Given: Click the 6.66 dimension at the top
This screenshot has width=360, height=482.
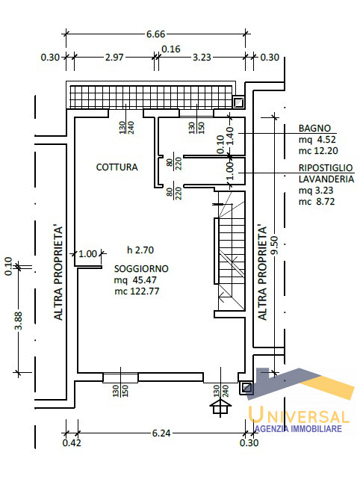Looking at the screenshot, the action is pyautogui.click(x=156, y=34).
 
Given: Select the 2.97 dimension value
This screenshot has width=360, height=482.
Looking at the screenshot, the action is pyautogui.click(x=114, y=58).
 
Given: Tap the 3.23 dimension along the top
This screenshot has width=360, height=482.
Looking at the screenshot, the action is pyautogui.click(x=202, y=58).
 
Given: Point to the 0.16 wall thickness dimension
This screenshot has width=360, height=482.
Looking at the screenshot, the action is pyautogui.click(x=171, y=49).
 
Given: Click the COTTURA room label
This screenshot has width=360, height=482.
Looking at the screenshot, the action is pyautogui.click(x=117, y=167).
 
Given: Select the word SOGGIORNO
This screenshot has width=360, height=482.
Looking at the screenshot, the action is pyautogui.click(x=141, y=269).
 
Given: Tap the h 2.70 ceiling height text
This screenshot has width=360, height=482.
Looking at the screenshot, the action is pyautogui.click(x=140, y=250).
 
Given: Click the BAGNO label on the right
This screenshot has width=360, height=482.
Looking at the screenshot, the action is pyautogui.click(x=315, y=129).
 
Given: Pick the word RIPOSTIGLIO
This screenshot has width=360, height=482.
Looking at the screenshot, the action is pyautogui.click(x=326, y=168).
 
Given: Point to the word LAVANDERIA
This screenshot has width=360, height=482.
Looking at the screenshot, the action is pyautogui.click(x=326, y=179).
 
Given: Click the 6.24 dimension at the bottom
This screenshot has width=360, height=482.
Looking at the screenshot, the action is pyautogui.click(x=161, y=433).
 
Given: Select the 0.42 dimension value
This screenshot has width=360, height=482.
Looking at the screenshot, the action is pyautogui.click(x=72, y=443).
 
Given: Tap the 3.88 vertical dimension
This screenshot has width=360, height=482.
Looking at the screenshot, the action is pyautogui.click(x=19, y=321).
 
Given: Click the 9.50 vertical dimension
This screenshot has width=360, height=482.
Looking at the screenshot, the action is pyautogui.click(x=275, y=245).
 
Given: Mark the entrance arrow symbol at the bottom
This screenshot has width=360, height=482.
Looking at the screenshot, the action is pyautogui.click(x=220, y=407).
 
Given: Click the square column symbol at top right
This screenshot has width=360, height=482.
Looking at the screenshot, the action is pyautogui.click(x=238, y=102).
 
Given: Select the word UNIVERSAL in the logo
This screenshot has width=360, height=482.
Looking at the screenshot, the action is pyautogui.click(x=299, y=415).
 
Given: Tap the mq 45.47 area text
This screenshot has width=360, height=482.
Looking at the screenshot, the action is pyautogui.click(x=135, y=280).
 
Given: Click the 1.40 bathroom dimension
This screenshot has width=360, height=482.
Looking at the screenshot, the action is pyautogui.click(x=230, y=135).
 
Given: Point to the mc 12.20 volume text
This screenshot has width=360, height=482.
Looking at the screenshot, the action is pyautogui.click(x=318, y=151).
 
